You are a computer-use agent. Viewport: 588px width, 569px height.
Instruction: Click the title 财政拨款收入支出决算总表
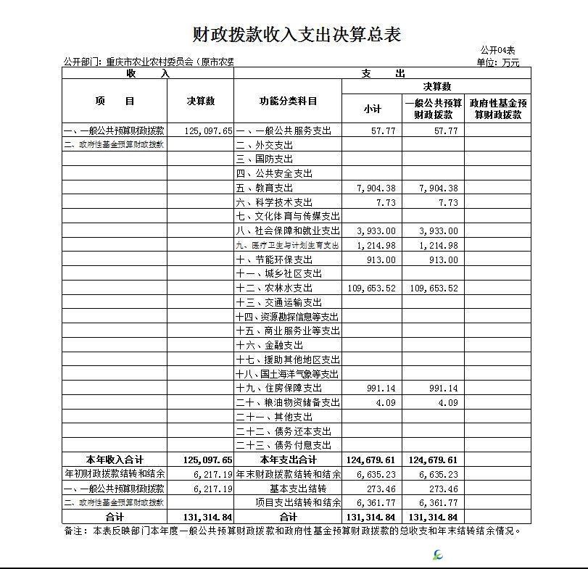(x=297, y=34)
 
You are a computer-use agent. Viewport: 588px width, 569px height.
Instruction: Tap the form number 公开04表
(x=497, y=50)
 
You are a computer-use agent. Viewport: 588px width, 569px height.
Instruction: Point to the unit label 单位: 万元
(x=498, y=62)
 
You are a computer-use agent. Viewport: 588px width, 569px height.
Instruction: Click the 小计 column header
(x=372, y=108)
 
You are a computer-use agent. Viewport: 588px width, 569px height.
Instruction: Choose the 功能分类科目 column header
(x=288, y=101)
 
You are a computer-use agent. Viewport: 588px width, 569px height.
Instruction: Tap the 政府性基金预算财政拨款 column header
(x=497, y=108)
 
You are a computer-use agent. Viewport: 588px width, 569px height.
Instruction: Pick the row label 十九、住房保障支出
(x=279, y=389)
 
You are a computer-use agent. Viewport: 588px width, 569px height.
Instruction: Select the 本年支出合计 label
(x=288, y=460)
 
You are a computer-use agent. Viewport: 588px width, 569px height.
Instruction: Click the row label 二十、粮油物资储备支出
(x=288, y=403)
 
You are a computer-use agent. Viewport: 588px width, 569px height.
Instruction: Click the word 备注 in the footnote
(x=75, y=531)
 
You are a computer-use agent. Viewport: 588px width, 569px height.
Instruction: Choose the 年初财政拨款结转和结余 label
(x=115, y=474)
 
